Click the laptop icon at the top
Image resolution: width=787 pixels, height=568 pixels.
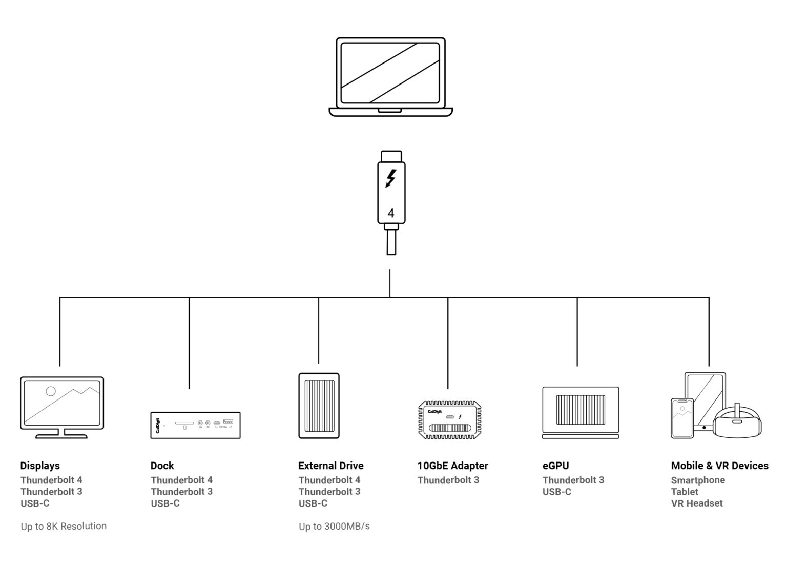click(390, 77)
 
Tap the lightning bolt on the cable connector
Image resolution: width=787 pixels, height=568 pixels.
click(391, 179)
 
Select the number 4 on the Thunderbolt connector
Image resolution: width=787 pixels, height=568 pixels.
click(391, 213)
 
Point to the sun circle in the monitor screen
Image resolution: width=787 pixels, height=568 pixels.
click(51, 391)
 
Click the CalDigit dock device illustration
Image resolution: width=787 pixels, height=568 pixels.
click(195, 425)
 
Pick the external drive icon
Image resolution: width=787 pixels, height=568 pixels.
click(319, 406)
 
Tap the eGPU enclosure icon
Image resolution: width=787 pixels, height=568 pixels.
click(581, 413)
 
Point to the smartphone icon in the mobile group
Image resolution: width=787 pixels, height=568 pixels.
click(682, 418)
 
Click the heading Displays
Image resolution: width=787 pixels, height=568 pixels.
click(40, 466)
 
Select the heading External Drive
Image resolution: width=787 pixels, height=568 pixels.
click(330, 466)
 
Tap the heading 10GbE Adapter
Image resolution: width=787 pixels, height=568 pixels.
click(452, 466)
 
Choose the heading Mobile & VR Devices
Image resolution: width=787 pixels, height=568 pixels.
click(719, 466)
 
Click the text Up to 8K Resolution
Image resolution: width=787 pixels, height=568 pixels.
click(64, 526)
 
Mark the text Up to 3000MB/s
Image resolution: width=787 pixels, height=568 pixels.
click(334, 526)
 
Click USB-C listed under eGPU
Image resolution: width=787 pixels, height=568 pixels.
click(556, 492)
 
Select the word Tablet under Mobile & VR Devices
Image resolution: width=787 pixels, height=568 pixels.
click(685, 492)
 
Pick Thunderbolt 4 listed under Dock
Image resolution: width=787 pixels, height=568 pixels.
click(181, 480)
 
